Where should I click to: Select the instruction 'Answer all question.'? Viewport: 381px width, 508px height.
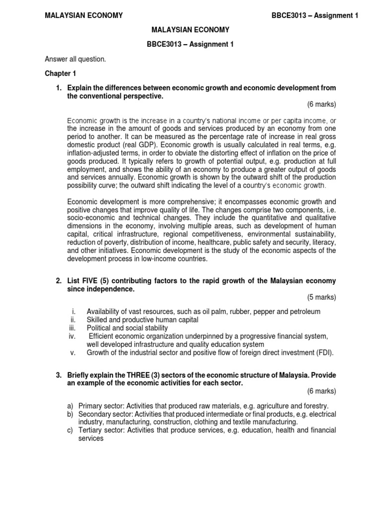pos(75,59)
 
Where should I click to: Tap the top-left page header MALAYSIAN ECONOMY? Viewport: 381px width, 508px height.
pos(84,15)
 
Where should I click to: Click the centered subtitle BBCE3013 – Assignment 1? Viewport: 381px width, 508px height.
pos(190,44)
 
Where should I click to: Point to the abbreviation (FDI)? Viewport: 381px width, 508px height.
pos(324,353)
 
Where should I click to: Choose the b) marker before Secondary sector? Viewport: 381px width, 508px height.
pos(70,414)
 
